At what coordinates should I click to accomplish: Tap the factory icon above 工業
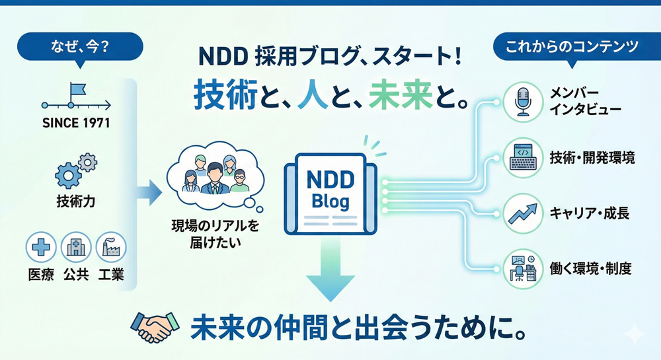tap(110, 249)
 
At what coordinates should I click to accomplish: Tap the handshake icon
tap(154, 327)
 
